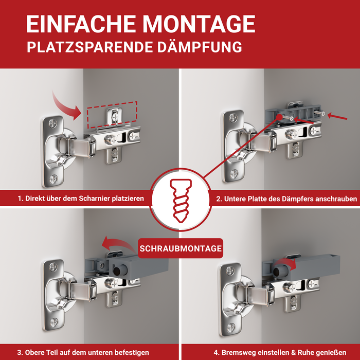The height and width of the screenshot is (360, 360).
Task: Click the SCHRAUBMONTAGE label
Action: [x=180, y=248]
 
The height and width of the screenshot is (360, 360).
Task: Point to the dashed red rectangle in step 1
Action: [x=111, y=115]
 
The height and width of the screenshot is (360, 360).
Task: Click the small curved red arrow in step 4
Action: [x=291, y=263]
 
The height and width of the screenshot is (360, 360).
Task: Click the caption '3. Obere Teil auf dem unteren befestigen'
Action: [x=83, y=352]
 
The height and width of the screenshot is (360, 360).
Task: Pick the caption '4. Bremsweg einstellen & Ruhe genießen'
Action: [x=282, y=352]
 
